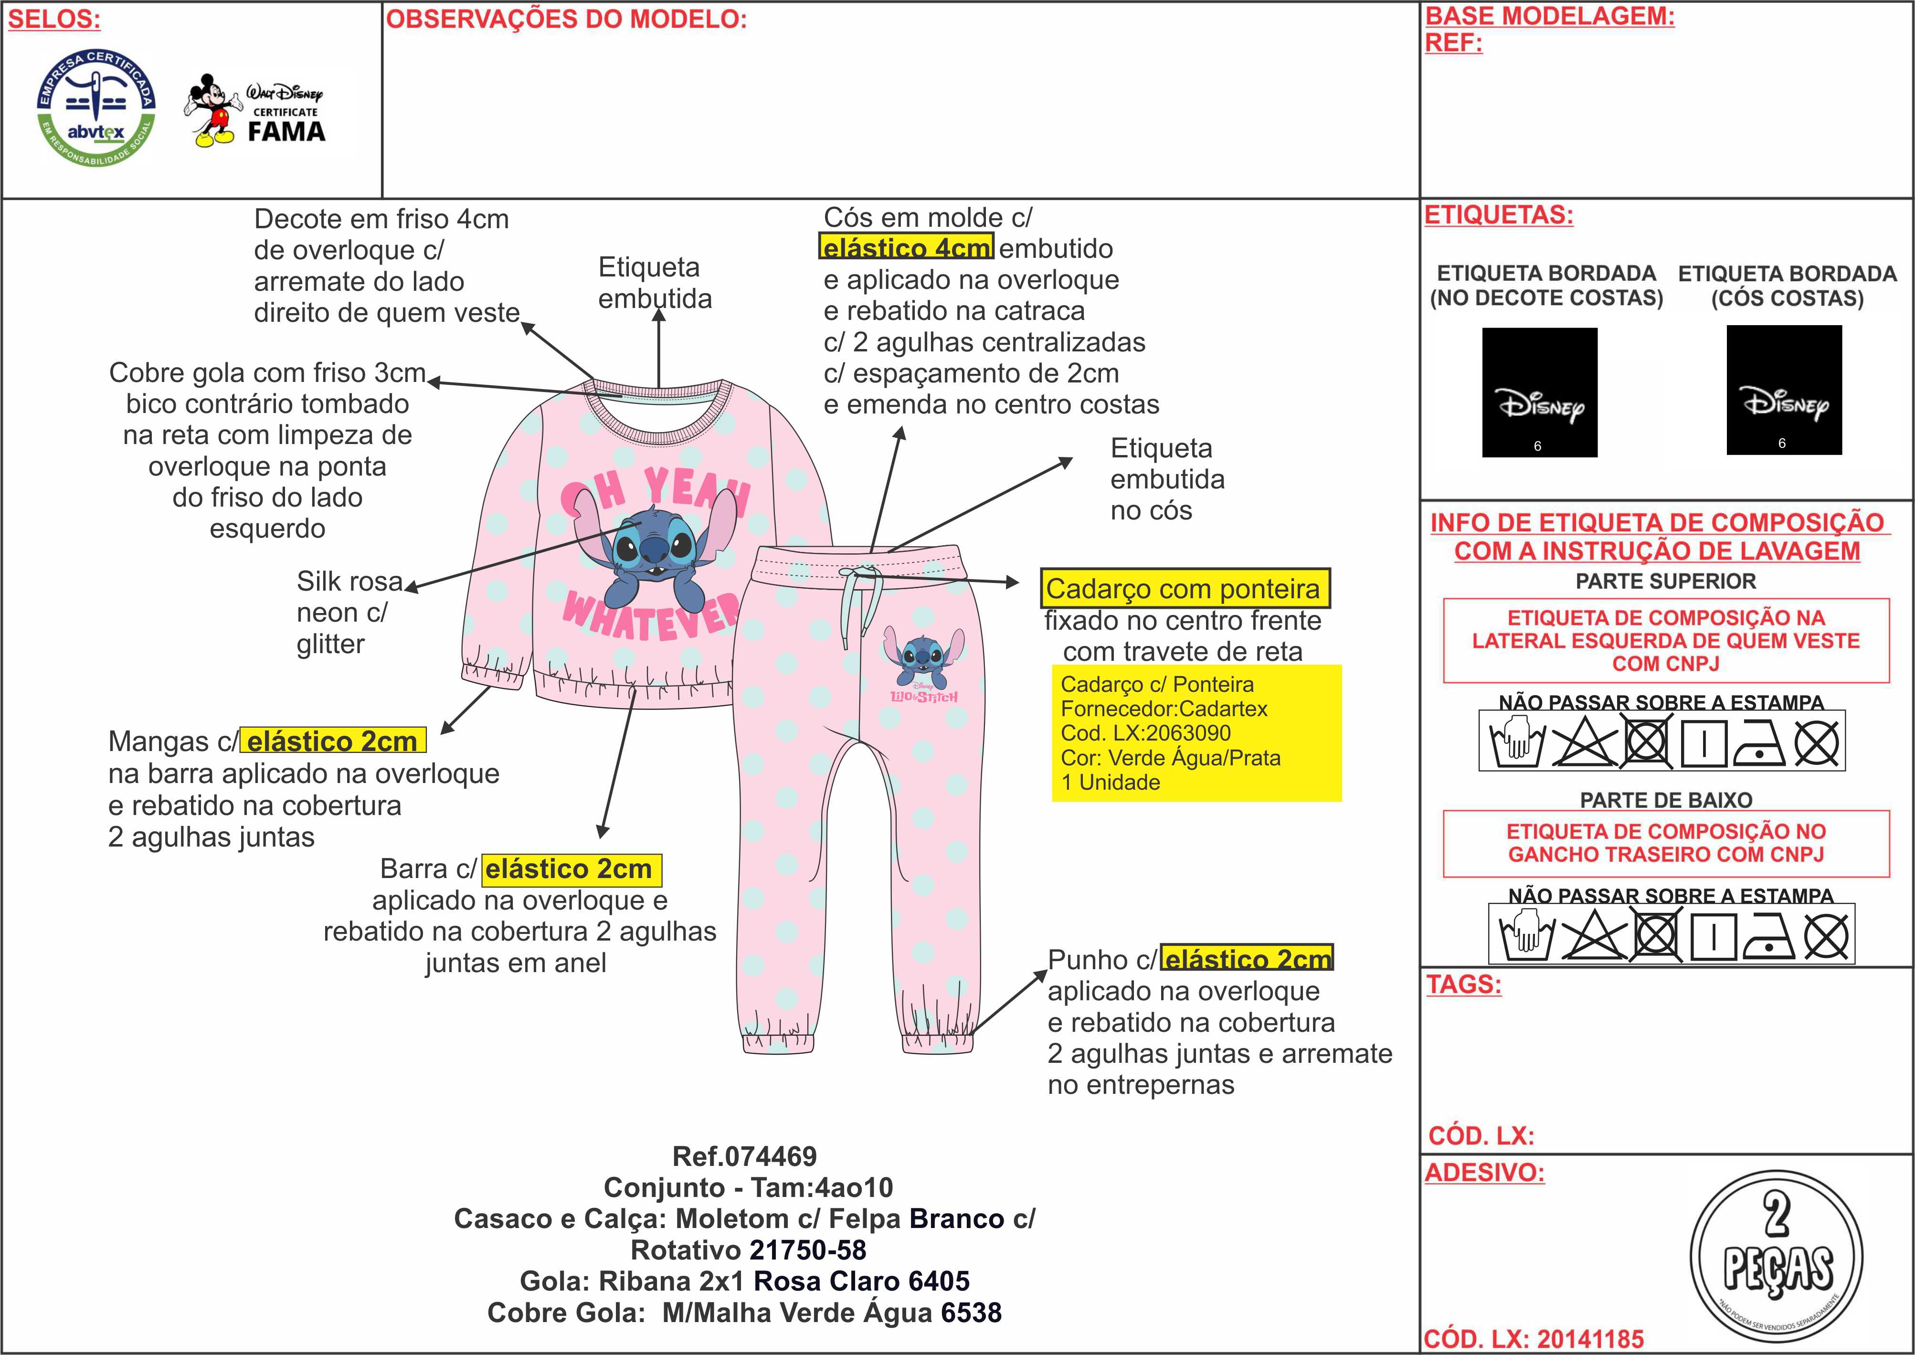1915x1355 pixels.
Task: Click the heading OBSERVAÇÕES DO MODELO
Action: (566, 19)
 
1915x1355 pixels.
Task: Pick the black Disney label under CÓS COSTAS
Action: (1783, 390)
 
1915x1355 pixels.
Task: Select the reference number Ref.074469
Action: (744, 1156)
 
